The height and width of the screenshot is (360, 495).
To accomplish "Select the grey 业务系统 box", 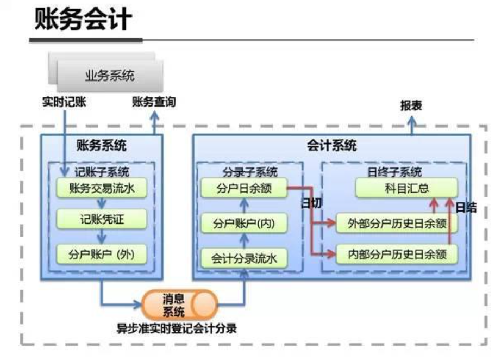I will [109, 76].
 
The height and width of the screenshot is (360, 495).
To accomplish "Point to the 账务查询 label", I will [154, 102].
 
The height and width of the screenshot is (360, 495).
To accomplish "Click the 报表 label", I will [411, 105].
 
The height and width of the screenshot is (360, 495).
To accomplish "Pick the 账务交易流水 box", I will [102, 189].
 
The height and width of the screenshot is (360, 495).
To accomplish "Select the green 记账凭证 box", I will [102, 220].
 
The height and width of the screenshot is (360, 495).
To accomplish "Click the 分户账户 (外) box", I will [102, 254].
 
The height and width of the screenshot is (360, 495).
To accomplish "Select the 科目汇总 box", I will [406, 189].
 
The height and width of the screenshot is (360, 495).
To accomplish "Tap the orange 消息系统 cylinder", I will [179, 305].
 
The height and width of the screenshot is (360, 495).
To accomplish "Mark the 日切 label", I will [311, 203].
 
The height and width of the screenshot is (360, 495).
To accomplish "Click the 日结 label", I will [466, 207].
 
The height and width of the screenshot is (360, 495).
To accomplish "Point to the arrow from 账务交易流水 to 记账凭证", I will [102, 204].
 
